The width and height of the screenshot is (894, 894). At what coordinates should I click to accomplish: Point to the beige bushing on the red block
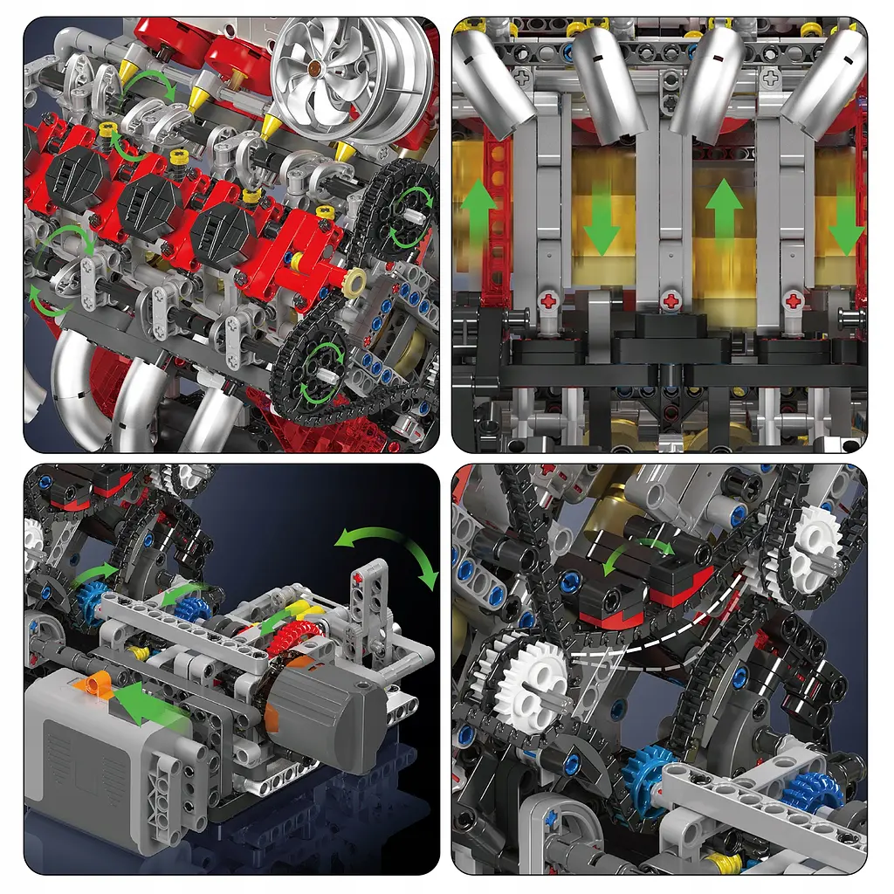355,282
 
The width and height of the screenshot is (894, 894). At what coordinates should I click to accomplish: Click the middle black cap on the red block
150,205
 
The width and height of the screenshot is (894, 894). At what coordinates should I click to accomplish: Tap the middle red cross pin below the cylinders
670,300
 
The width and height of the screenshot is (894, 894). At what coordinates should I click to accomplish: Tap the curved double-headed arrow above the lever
388,555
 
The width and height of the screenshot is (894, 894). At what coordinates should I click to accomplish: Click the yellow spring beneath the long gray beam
137,652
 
